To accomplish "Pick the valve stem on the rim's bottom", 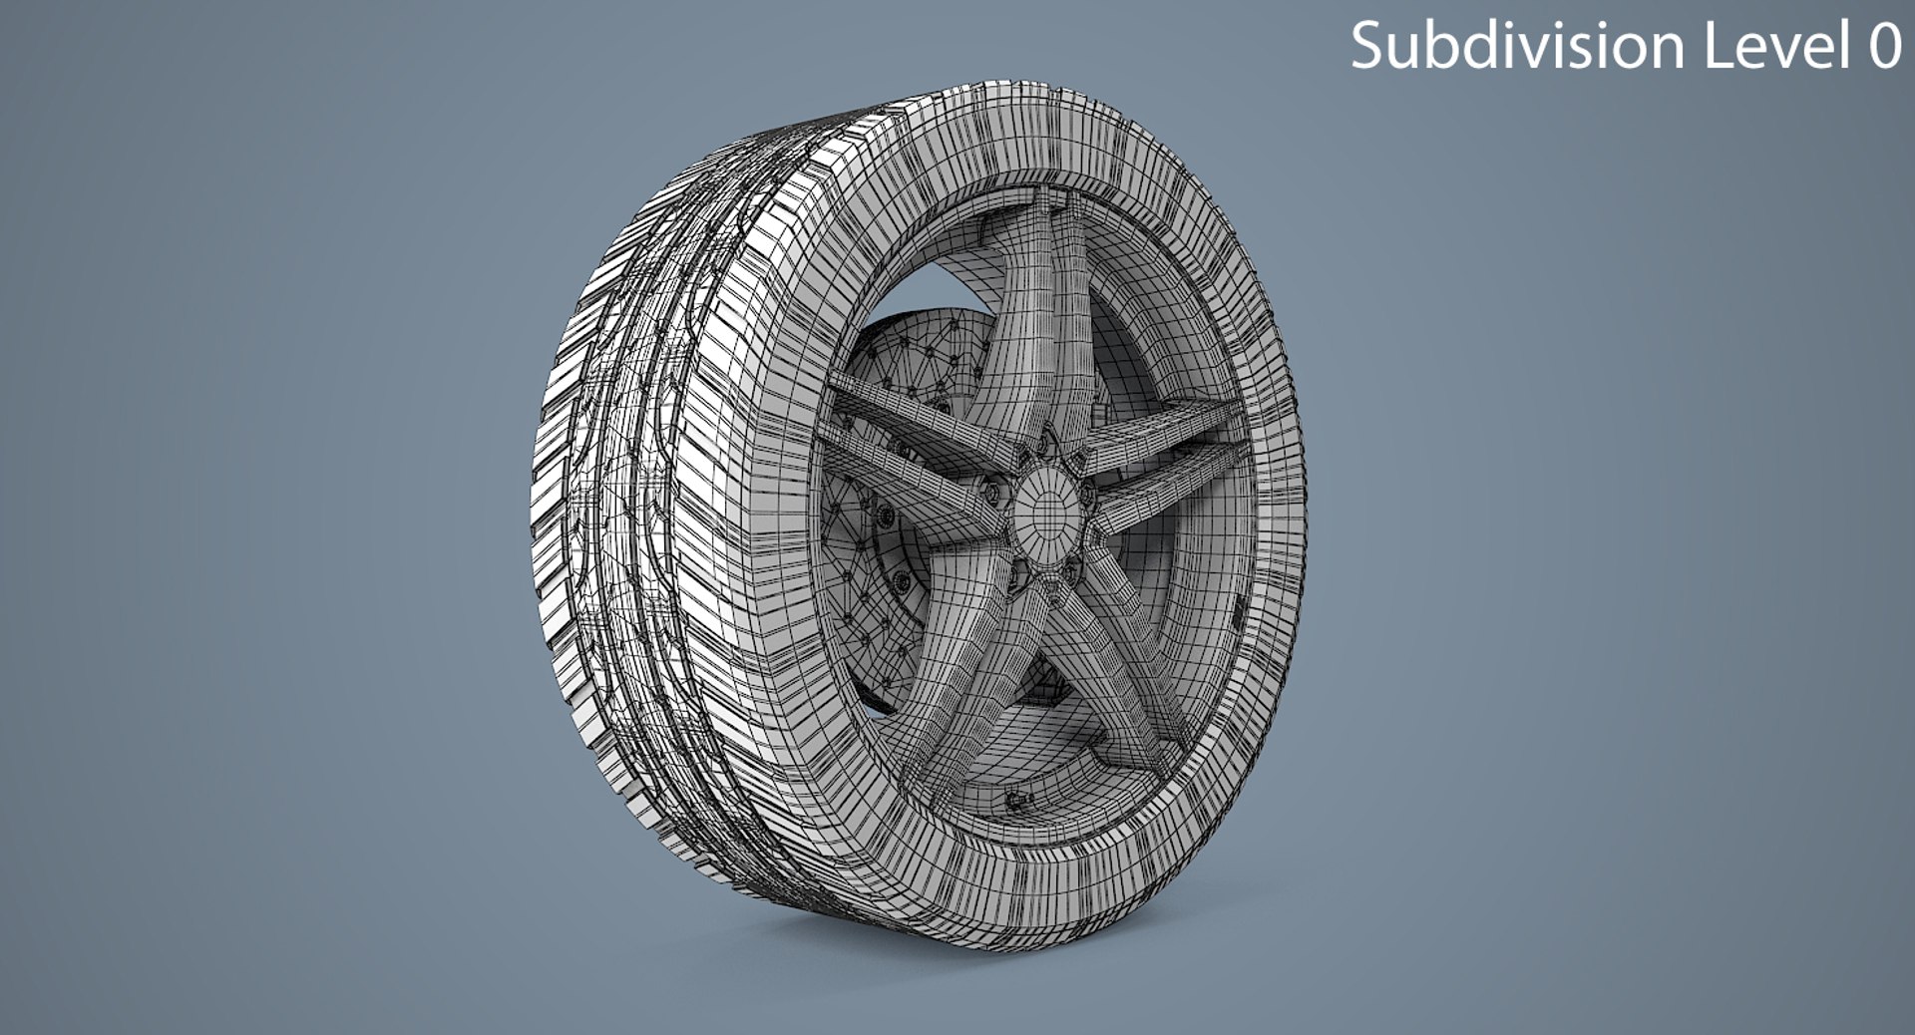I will tap(1015, 800).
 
